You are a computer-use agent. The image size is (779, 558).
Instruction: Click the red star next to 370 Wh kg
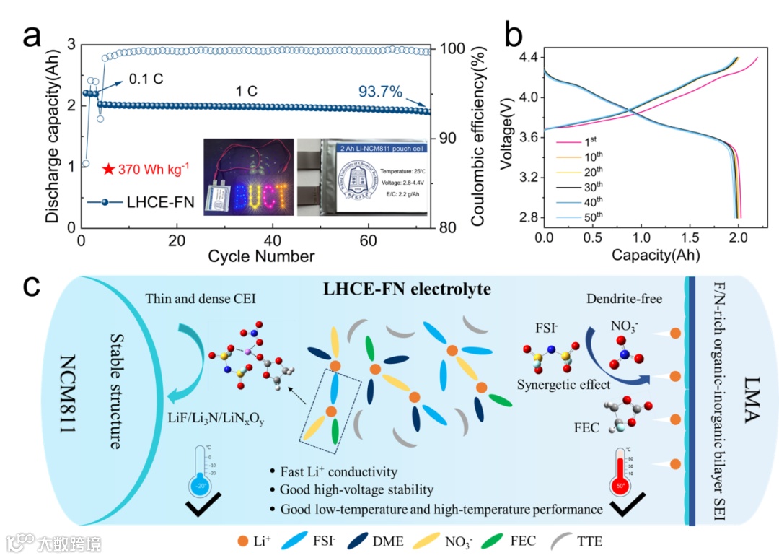(108, 170)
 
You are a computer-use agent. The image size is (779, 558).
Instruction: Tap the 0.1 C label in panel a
(146, 77)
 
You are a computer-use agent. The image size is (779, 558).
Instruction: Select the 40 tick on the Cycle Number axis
(273, 240)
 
